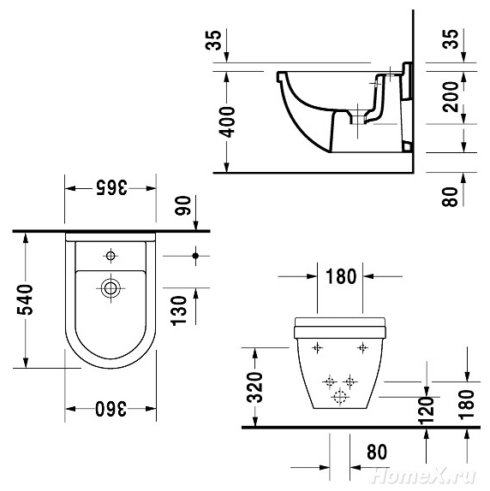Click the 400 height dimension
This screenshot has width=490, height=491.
coord(227,121)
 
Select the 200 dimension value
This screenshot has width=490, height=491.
coord(451,97)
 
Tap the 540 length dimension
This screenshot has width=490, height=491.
coord(25,299)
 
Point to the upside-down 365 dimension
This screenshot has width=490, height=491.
coord(111,187)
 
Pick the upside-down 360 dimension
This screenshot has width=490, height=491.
coord(111,408)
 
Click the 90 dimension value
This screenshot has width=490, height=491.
coord(182,205)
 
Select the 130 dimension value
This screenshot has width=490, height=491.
coord(179,311)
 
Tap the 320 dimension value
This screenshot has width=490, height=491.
coord(254,387)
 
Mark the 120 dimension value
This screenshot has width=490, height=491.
coord(427,411)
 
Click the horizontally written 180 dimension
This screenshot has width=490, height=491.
coord(341,276)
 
